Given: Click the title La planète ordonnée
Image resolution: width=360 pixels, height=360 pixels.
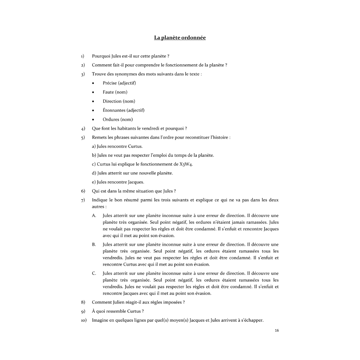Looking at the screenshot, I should [x=180, y=38].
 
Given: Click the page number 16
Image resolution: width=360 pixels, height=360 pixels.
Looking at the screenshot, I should [x=277, y=330].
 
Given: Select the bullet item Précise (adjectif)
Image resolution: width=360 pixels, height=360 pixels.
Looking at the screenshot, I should [x=119, y=83].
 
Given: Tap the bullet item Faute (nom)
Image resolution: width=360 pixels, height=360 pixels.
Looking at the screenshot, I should [x=115, y=92].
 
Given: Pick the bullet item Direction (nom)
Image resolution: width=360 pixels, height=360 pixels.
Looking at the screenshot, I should [x=119, y=101].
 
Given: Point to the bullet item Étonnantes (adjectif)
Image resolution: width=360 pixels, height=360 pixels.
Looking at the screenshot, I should [x=123, y=110].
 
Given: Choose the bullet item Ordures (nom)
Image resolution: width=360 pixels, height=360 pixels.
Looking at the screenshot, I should [x=117, y=119].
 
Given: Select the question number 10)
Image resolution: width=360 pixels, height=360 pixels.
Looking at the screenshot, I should [x=83, y=320].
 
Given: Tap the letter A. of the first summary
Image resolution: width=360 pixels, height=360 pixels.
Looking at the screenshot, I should [x=94, y=216].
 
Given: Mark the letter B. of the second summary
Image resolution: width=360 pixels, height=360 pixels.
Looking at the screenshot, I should [x=94, y=245].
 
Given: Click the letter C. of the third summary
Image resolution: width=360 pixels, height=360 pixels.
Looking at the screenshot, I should [x=94, y=274].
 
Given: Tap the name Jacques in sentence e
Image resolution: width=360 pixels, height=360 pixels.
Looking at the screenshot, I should [x=136, y=182].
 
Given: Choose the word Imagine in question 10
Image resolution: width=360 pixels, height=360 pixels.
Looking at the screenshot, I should [x=100, y=320].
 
